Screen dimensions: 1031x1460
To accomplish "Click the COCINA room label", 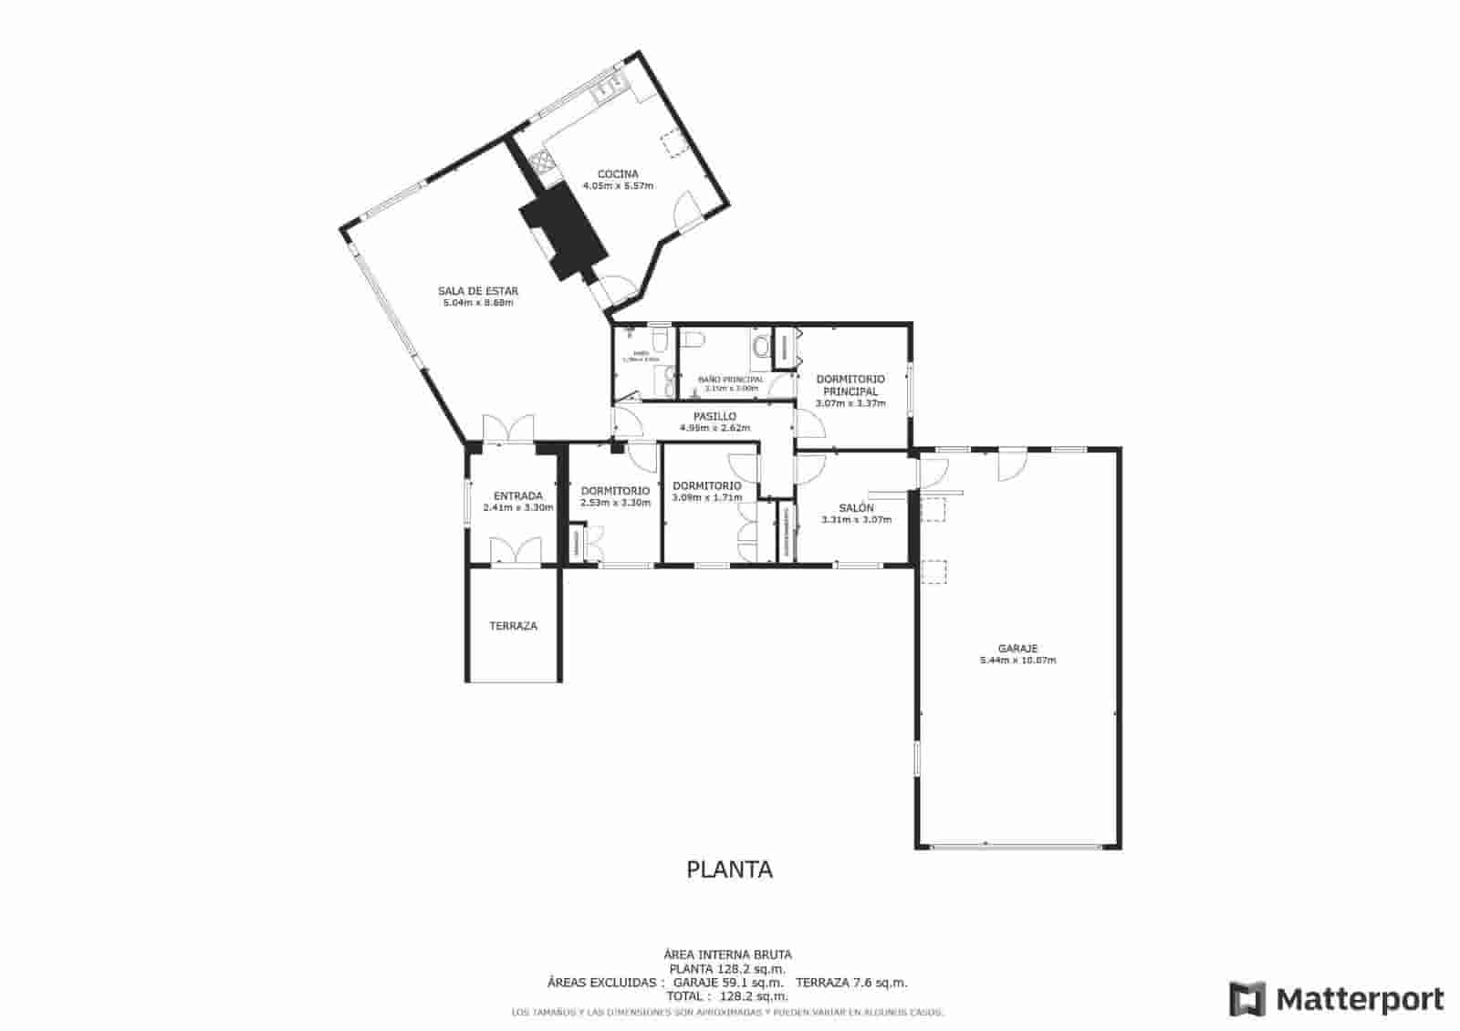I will (618, 173).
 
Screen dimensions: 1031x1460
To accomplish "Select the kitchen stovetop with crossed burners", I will (541, 163).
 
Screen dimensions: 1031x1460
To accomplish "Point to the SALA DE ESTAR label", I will (478, 291).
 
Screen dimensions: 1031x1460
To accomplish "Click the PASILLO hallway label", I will (714, 416).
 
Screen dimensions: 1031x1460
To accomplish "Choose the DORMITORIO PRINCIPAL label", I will (850, 385).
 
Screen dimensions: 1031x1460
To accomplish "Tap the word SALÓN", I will (856, 507).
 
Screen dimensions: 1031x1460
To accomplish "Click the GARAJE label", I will (1017, 649).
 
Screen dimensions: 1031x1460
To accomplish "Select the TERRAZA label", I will (513, 626).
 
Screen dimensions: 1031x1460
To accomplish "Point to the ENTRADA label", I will (518, 496).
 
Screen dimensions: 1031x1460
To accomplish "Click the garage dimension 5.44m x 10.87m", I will (1017, 661).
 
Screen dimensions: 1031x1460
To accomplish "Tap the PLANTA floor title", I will (729, 870).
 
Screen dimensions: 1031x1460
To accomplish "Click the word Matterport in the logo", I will (1360, 999).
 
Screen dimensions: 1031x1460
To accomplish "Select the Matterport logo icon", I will (1247, 999).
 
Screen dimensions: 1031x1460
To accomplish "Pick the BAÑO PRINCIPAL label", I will (731, 379).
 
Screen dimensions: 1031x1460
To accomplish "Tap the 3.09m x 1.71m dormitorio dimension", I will (706, 498).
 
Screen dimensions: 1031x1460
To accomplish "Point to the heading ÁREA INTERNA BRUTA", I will (727, 954).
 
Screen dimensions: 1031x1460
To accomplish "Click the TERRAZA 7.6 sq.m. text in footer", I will (851, 983).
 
